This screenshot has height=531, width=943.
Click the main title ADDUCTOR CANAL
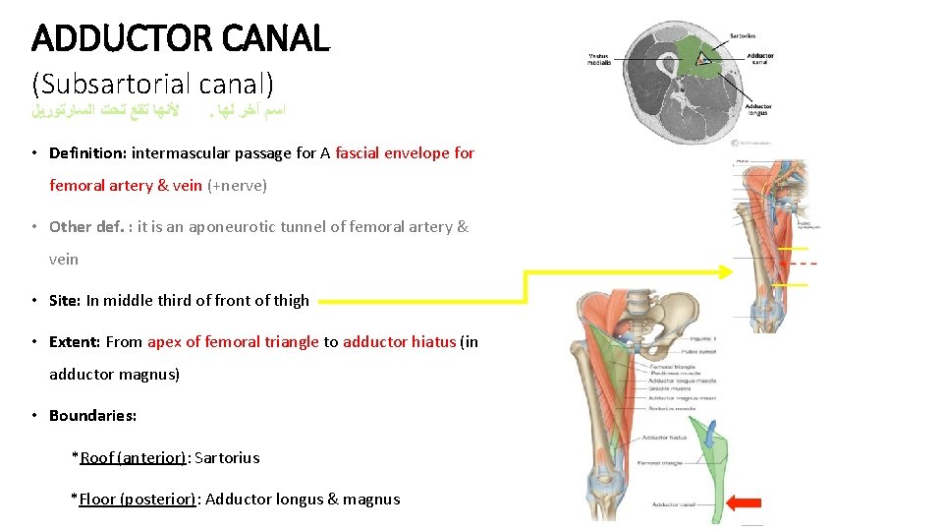181,39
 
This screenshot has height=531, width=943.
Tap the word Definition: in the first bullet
88,152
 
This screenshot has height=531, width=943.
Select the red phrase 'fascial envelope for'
405,152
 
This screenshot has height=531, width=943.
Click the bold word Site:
66,301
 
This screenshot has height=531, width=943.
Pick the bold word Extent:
75,342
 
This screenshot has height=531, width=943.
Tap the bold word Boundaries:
93,415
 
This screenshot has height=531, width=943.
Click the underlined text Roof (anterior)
133,457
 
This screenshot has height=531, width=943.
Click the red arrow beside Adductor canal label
745,503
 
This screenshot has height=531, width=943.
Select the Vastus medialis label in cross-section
598,58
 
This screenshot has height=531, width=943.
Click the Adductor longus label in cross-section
757,109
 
